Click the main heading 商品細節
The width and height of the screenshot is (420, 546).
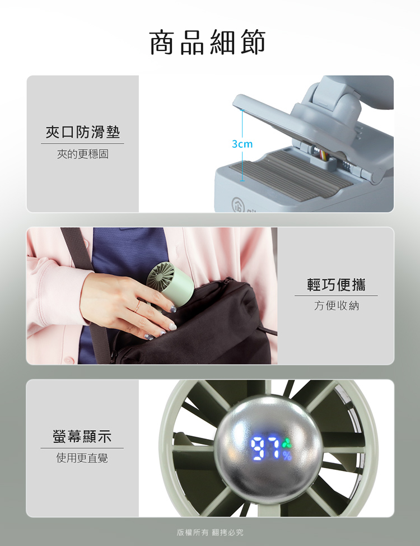tap(208, 43)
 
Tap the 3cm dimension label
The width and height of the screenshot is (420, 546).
tap(242, 144)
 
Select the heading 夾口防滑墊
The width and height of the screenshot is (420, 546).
tap(83, 132)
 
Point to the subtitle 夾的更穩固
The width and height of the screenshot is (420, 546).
tap(83, 153)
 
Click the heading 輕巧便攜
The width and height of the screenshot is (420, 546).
tap(336, 284)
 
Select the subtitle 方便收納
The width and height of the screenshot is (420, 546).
tap(336, 306)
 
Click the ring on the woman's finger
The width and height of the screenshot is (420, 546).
tap(138, 306)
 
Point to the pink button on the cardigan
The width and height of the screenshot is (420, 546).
tap(69, 359)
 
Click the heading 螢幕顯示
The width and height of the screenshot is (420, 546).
tap(82, 437)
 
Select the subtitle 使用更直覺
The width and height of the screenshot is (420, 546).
tap(82, 458)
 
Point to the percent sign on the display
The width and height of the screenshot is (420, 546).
tap(287, 455)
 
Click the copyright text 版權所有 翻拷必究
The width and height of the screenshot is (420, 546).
tap(210, 533)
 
